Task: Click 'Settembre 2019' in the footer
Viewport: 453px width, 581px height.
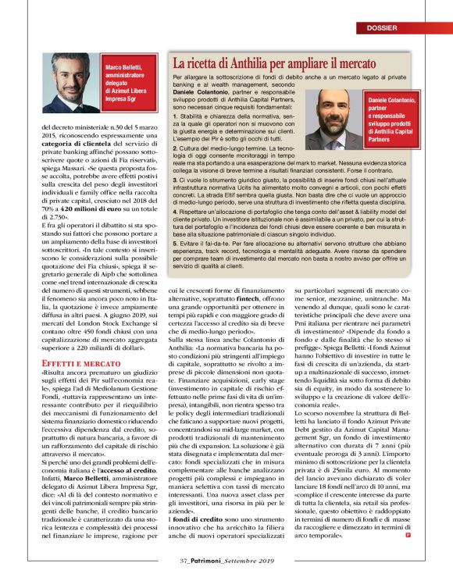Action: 251,558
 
